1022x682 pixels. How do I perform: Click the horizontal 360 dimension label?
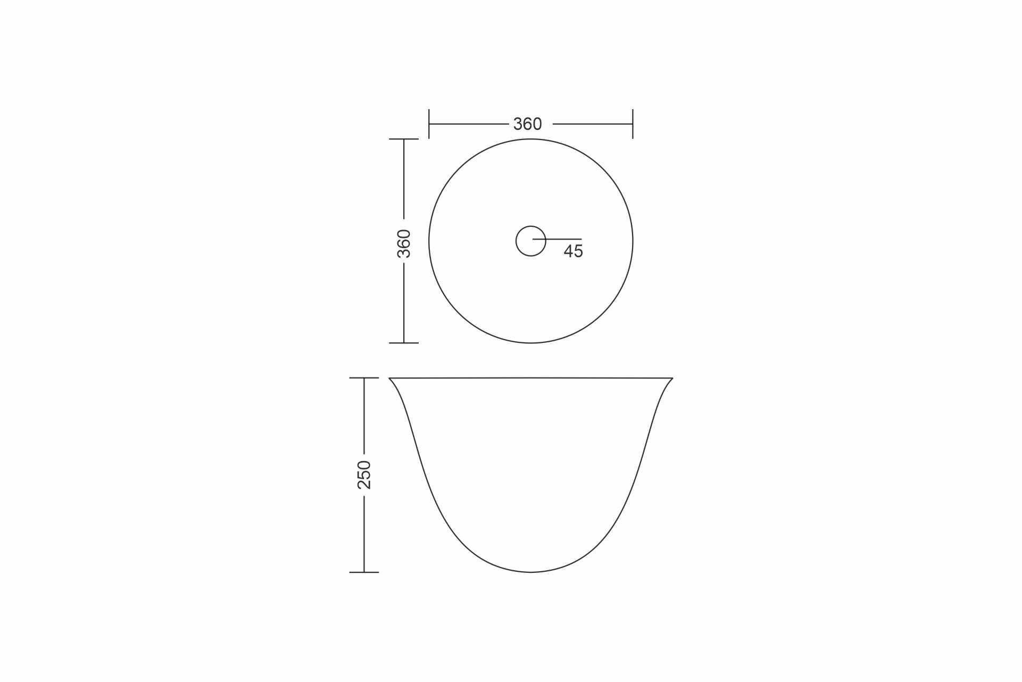pos(527,124)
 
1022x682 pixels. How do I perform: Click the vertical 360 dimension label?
pos(404,244)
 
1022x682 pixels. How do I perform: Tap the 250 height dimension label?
pos(364,475)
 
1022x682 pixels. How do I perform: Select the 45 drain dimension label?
pos(574,251)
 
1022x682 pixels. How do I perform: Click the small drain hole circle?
pos(531,226)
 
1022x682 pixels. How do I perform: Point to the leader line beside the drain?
pos(557,240)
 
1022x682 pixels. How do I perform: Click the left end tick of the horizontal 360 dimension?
pos(429,124)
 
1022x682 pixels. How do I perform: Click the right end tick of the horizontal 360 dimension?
pos(633,124)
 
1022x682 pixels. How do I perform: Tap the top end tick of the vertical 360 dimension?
pos(404,139)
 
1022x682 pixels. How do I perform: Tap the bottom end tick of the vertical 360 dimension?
pos(404,343)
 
